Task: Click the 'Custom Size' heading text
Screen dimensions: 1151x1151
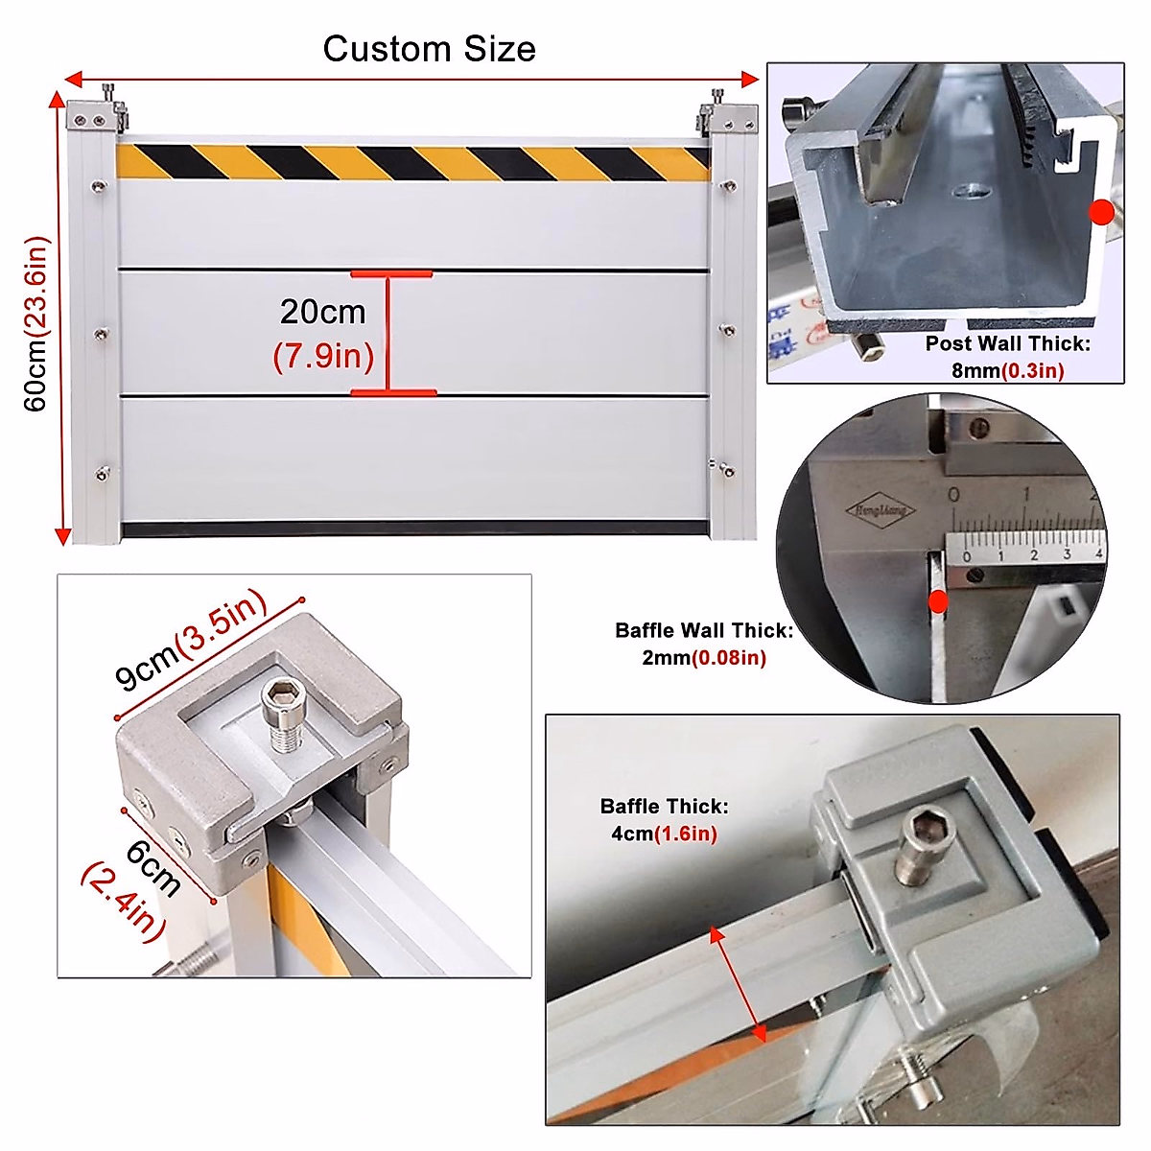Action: click(429, 49)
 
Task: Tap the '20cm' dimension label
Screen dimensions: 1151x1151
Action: click(322, 312)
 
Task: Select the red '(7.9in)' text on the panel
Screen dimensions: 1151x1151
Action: click(322, 357)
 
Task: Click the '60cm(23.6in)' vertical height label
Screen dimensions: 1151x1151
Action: click(35, 323)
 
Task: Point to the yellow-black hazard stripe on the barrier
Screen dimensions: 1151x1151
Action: click(412, 162)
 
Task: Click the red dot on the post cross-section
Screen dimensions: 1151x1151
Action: click(1102, 213)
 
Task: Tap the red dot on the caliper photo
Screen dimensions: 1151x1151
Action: click(938, 601)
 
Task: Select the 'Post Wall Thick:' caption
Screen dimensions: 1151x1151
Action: click(1007, 343)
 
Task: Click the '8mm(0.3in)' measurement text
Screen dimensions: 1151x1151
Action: click(1007, 370)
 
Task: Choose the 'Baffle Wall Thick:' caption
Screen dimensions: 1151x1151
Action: click(704, 631)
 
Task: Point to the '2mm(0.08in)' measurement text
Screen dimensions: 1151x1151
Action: click(704, 658)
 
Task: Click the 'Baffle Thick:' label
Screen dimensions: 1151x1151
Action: click(664, 807)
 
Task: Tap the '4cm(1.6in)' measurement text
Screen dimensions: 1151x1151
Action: click(664, 834)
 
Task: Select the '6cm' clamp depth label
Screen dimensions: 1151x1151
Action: click(153, 867)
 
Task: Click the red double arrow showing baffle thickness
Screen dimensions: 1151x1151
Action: click(738, 984)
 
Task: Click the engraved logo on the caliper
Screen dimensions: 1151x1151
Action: click(880, 510)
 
